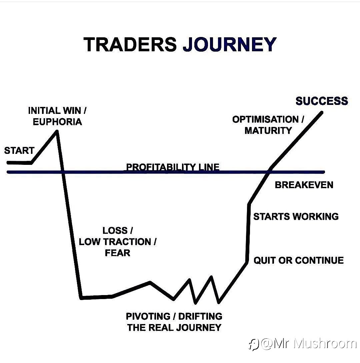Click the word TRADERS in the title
tap(130, 44)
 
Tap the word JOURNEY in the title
tap(230, 44)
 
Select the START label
tap(19, 151)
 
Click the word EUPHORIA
tap(57, 122)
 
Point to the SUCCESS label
tap(322, 101)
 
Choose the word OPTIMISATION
tap(265, 120)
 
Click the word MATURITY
tap(268, 131)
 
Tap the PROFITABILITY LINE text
tap(173, 167)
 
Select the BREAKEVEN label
tap(304, 185)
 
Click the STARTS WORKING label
tap(296, 216)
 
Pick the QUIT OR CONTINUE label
tap(299, 260)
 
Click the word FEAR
tap(117, 253)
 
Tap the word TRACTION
tap(127, 242)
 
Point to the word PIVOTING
tap(148, 316)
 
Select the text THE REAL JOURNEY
tap(174, 327)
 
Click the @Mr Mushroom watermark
tap(302, 344)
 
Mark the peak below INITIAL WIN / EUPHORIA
tap(57, 132)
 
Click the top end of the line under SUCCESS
tap(322, 113)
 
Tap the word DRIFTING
tap(200, 316)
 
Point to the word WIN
tap(72, 111)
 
